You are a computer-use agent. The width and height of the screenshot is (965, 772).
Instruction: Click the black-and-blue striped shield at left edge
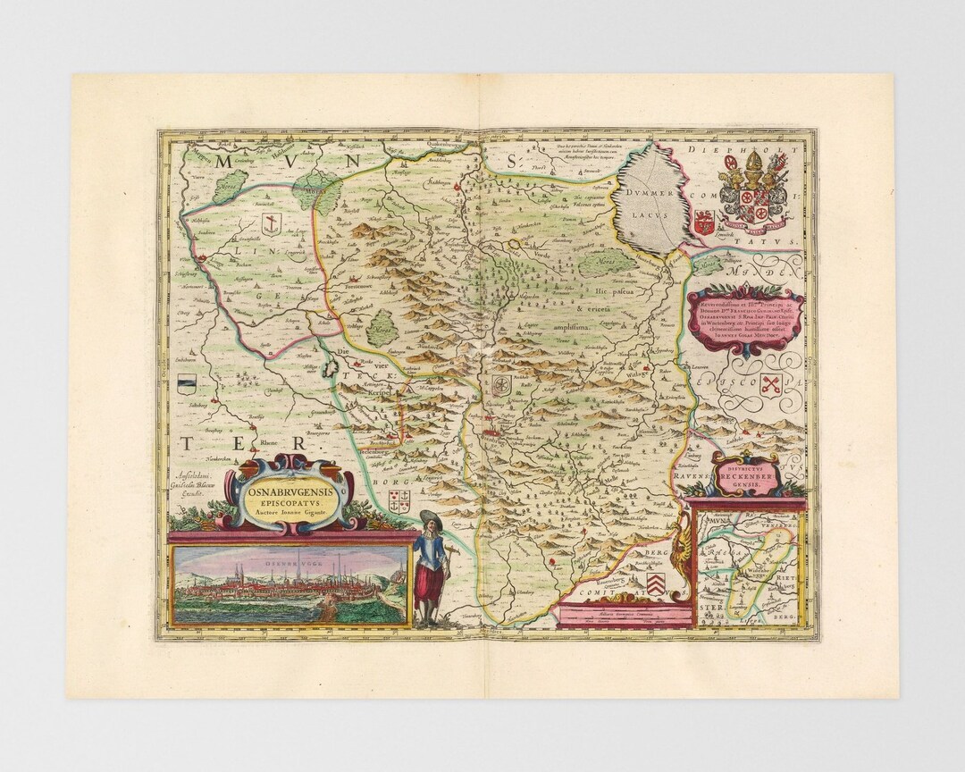click(x=186, y=386)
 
